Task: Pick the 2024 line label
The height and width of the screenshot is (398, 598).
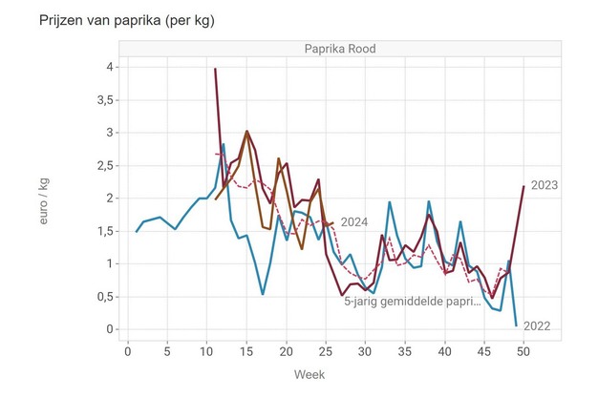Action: (354, 222)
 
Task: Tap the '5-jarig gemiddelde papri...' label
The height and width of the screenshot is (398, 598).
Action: (412, 300)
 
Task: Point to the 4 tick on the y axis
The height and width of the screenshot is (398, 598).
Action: (111, 67)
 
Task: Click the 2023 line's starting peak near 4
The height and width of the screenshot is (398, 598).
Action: (215, 69)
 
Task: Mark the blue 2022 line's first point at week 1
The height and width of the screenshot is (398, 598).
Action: (137, 231)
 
